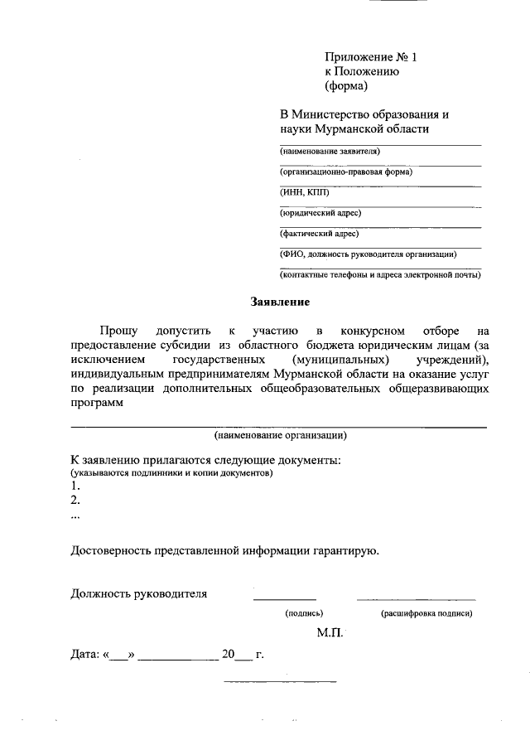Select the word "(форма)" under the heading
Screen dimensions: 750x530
pos(345,85)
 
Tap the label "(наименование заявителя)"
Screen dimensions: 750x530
pos(330,152)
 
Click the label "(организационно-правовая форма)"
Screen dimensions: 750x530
pos(346,172)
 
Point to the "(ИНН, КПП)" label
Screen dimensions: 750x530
pos(304,192)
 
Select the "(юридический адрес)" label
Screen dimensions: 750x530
pos(321,213)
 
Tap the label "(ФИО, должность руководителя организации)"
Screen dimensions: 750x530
pos(369,254)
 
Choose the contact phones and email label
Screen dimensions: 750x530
pos(380,274)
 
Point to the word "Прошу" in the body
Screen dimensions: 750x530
pos(119,331)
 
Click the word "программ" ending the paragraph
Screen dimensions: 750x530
pos(97,404)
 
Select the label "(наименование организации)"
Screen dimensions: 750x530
pos(280,435)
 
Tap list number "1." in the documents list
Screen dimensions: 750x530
pos(75,486)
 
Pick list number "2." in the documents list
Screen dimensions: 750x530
pos(75,501)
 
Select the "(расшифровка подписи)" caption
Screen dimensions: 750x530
pos(426,614)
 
